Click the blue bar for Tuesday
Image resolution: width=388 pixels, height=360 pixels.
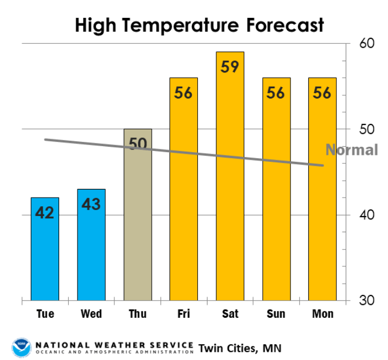(x=45, y=249)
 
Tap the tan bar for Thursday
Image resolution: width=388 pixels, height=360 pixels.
(x=138, y=227)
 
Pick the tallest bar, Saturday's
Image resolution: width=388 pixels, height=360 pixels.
(x=230, y=179)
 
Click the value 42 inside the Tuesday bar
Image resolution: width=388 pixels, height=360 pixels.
(x=45, y=213)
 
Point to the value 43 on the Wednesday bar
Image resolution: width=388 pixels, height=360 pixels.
(x=91, y=205)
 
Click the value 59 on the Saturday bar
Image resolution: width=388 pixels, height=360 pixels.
(x=230, y=67)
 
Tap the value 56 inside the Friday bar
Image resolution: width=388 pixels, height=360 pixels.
(x=184, y=93)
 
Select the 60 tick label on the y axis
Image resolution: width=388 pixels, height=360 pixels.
(x=367, y=44)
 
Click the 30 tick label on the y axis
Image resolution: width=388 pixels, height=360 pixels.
(x=367, y=300)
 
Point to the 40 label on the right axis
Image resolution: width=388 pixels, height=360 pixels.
(x=367, y=215)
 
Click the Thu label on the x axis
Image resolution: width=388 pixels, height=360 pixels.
(x=138, y=314)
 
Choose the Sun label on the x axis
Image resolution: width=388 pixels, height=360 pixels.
(x=276, y=314)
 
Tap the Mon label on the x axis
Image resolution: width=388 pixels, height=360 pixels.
(x=322, y=314)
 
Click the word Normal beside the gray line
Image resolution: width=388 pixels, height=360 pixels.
(x=352, y=150)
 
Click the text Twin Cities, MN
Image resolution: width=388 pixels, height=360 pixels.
(x=240, y=347)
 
